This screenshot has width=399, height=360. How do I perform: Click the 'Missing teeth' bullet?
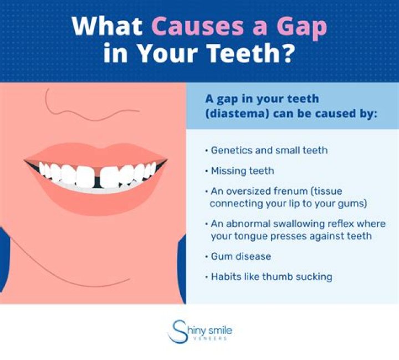[242, 171]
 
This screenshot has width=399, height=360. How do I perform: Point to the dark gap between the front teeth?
[98, 177]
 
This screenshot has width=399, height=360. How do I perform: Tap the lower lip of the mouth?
[94, 200]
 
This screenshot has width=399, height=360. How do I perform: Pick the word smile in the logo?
[221, 331]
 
